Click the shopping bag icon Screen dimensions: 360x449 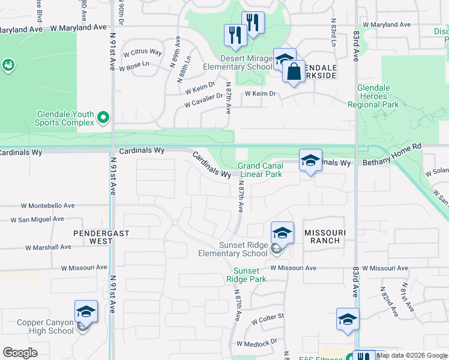pos(294,73)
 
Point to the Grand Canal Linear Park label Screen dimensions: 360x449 pos(260,170)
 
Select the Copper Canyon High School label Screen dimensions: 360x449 pos(45,326)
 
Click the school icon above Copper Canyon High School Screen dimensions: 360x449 pos(86,312)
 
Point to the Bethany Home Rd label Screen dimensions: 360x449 pos(393,163)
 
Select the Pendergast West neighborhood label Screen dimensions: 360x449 pos(93,236)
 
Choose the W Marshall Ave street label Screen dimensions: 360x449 pos(48,247)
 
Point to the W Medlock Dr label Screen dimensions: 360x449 pos(256,343)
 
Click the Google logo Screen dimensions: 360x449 pos(20,353)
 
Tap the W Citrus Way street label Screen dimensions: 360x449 pos(143,52)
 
